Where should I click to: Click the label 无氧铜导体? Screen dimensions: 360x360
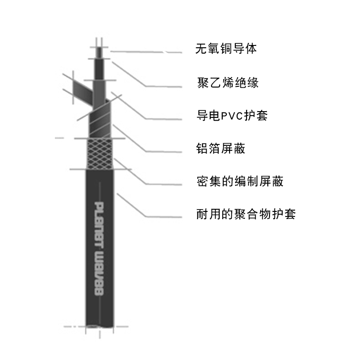226,49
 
